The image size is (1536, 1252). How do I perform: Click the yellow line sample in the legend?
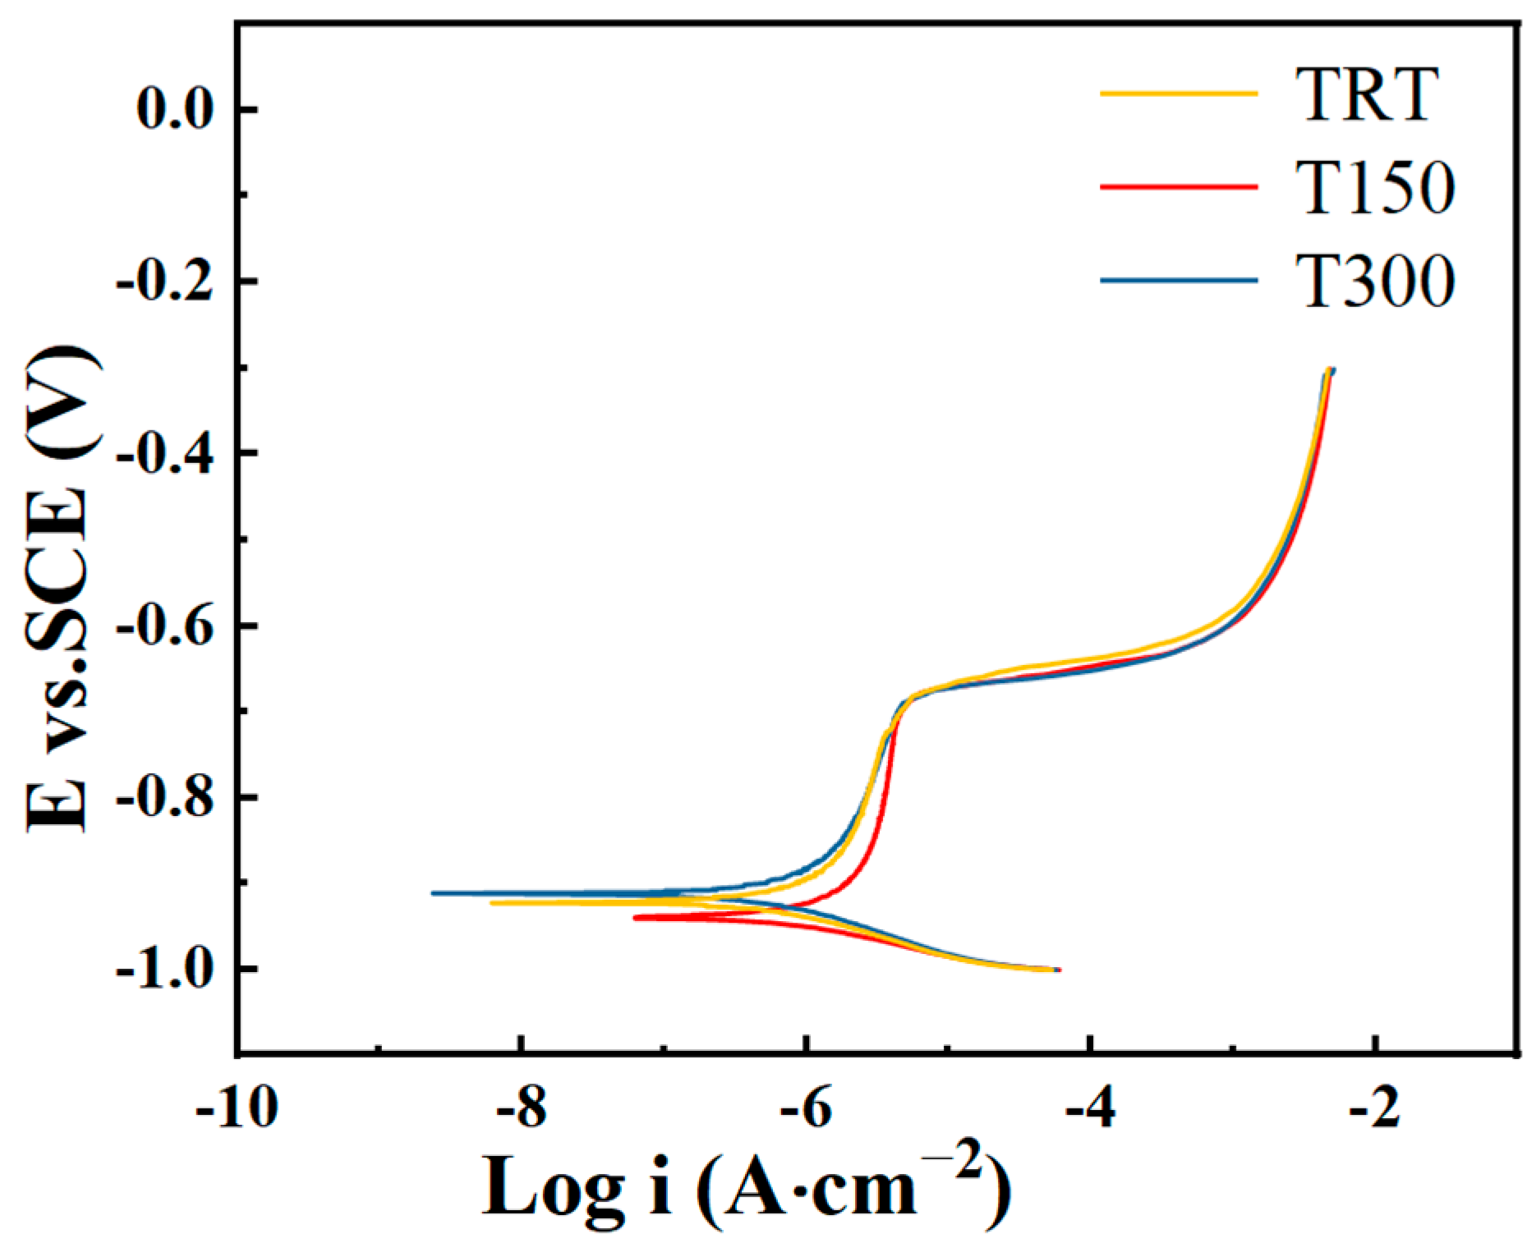pyautogui.click(x=1179, y=94)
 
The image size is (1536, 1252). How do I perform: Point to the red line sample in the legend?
pyautogui.click(x=1179, y=187)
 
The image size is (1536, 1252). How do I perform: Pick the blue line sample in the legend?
pyautogui.click(x=1179, y=281)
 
